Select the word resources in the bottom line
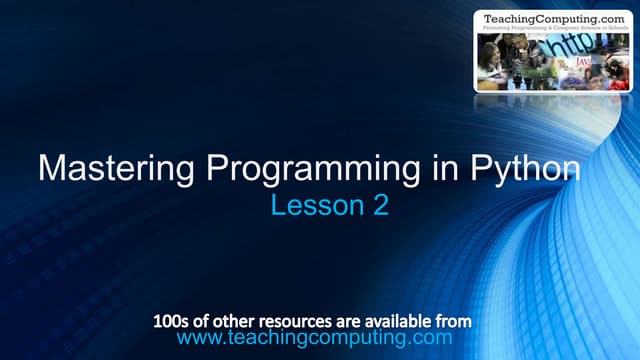(x=289, y=322)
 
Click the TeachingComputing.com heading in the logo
(x=553, y=18)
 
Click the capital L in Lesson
(x=278, y=207)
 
